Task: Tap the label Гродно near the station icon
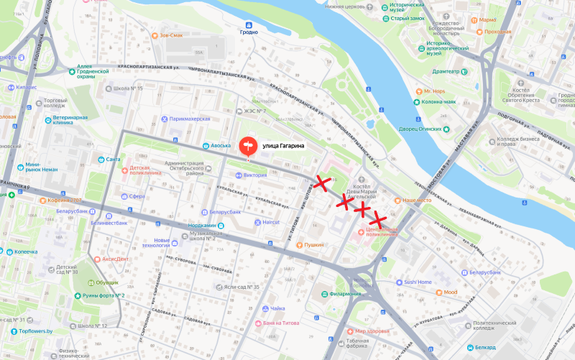(248, 32)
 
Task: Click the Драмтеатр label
(446, 71)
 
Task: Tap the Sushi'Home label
(418, 282)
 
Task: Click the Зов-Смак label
(180, 34)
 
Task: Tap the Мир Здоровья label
(372, 331)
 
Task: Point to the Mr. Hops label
(434, 91)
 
